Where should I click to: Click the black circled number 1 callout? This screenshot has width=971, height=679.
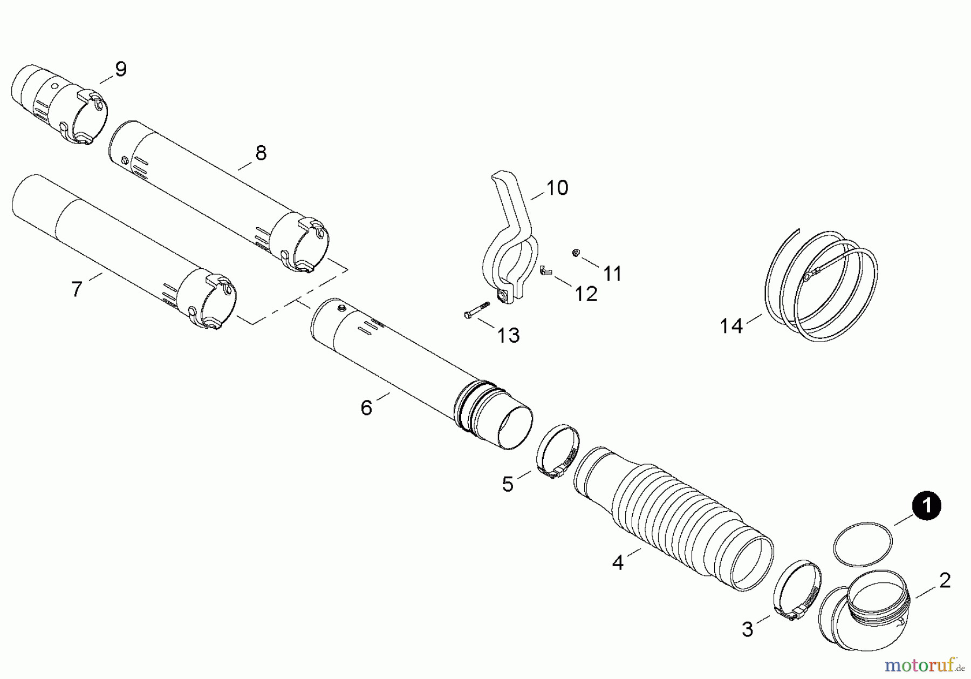click(x=926, y=506)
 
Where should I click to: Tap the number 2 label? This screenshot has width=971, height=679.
click(x=945, y=581)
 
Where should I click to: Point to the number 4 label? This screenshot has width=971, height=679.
click(x=618, y=563)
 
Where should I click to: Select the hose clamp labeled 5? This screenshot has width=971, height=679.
click(x=557, y=451)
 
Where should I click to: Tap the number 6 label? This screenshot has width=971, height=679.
click(x=366, y=408)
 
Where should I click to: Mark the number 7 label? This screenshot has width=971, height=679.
click(x=77, y=290)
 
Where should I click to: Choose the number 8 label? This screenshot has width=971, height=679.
click(x=261, y=153)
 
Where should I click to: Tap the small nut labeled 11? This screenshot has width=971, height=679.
click(x=576, y=252)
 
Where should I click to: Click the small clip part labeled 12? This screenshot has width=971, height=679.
click(x=545, y=270)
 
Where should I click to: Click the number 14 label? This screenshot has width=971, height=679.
click(x=731, y=326)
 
